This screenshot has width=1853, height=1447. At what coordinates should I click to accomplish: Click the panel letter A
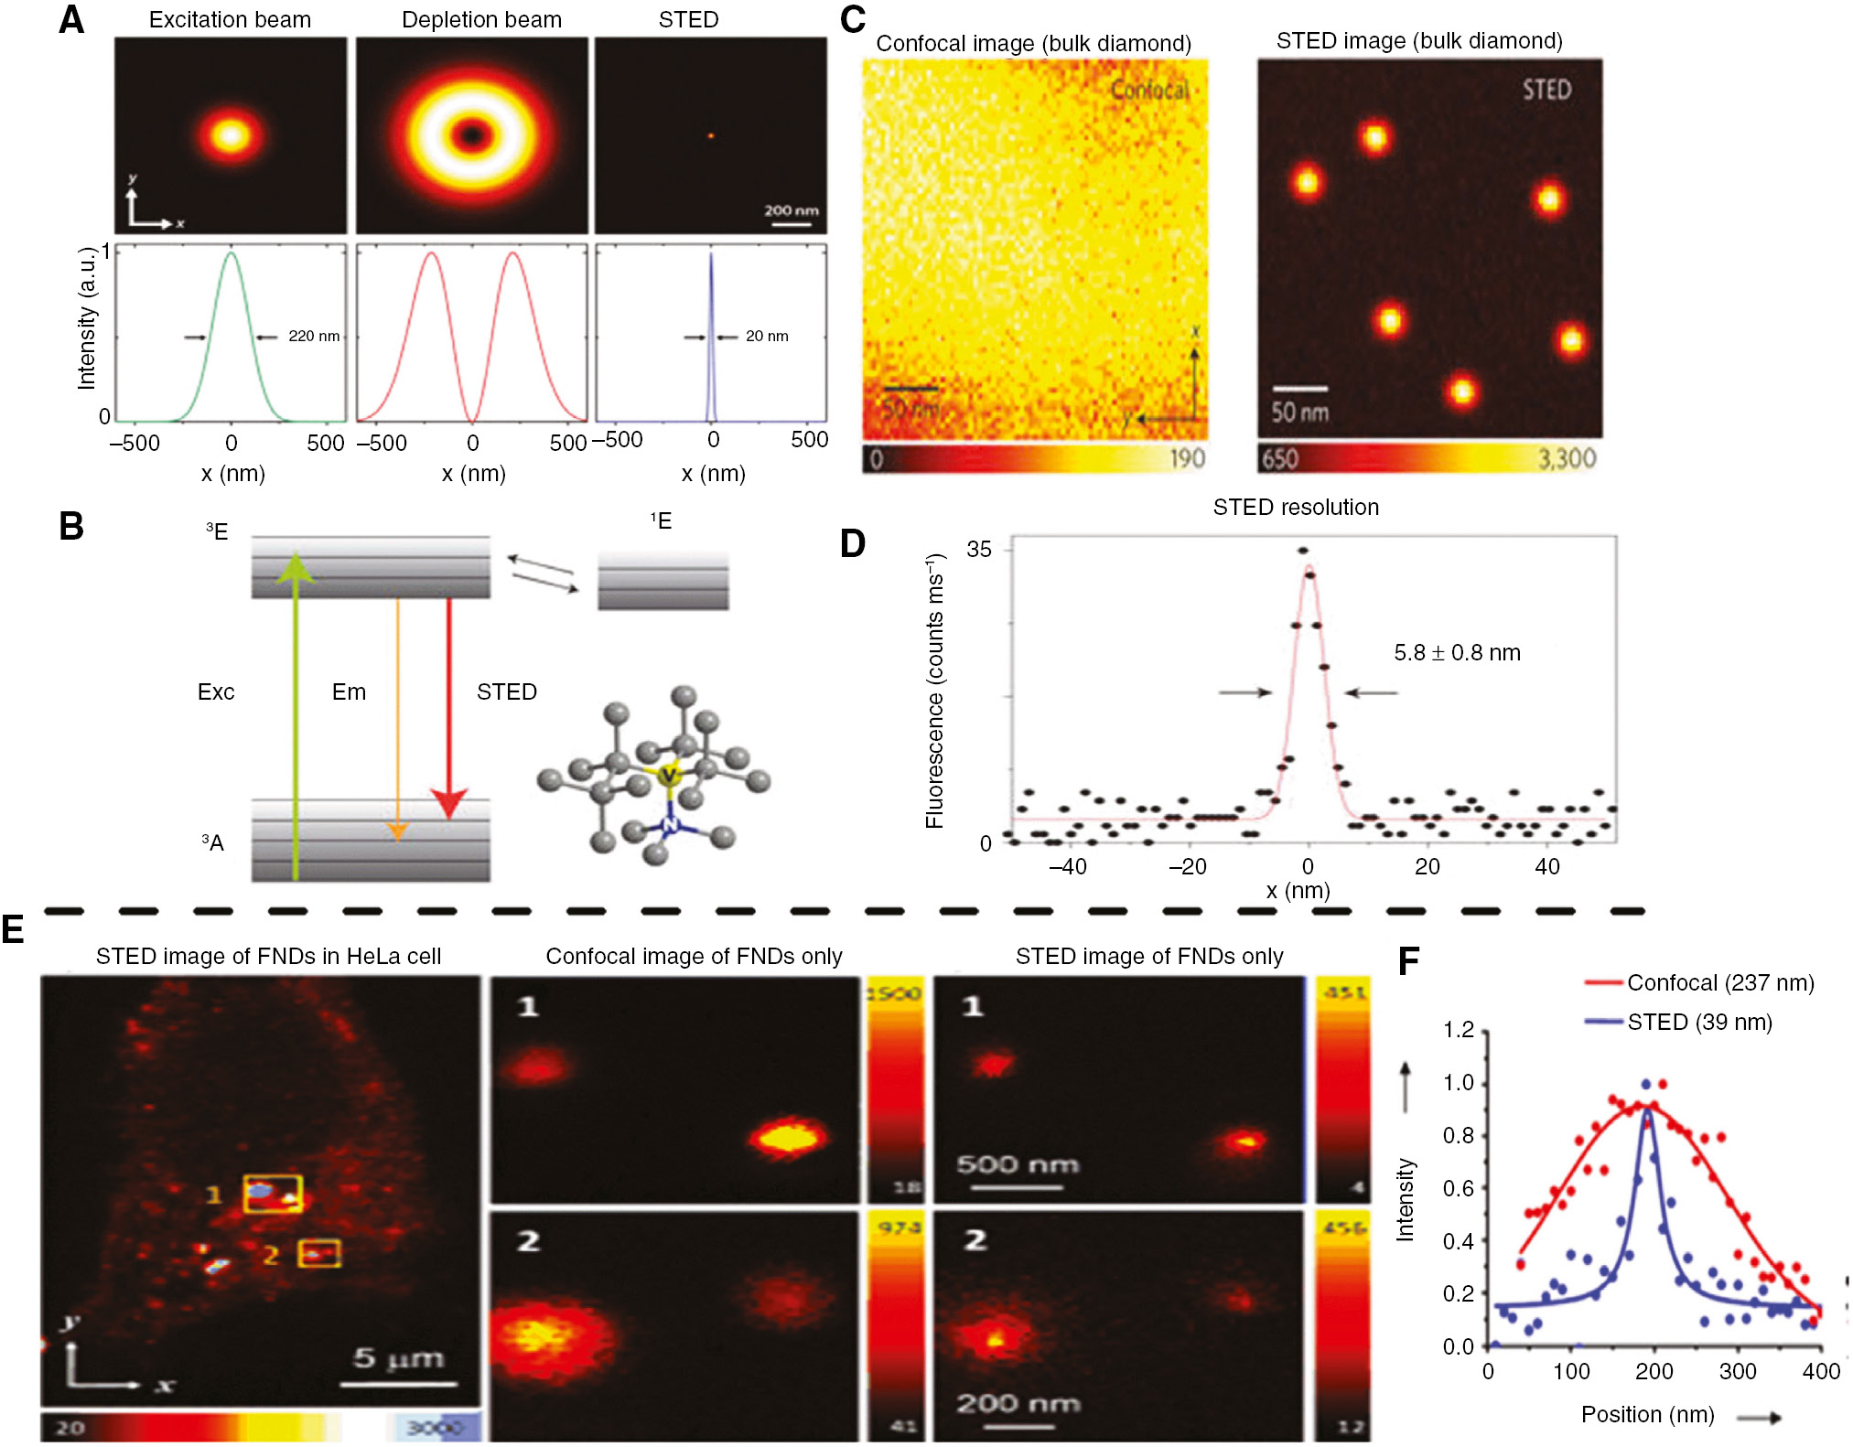(71, 20)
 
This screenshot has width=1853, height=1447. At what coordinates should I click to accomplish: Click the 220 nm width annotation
(314, 336)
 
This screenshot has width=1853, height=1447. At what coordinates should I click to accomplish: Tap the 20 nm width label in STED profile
(767, 336)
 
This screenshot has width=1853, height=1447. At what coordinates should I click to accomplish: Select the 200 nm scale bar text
(792, 210)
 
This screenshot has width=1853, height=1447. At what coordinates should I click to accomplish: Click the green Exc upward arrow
(295, 713)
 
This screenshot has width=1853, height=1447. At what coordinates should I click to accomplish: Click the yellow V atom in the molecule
(669, 775)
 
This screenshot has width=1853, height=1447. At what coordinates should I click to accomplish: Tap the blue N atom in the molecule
(670, 826)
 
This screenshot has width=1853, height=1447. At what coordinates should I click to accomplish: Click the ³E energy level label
(217, 531)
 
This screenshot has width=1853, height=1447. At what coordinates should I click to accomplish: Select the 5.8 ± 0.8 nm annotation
(1457, 653)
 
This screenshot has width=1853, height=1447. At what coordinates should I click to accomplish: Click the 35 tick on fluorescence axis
(978, 550)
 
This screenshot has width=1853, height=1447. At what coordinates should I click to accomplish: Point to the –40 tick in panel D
(1067, 866)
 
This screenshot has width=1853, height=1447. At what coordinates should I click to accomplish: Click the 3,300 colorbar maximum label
(1567, 458)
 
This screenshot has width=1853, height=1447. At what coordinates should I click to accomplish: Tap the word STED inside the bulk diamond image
(1546, 90)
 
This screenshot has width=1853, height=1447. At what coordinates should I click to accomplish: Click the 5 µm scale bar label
(398, 1358)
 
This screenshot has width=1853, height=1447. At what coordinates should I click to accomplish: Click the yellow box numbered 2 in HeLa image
(319, 1253)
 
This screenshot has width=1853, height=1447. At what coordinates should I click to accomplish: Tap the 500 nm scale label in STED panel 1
(1018, 1164)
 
